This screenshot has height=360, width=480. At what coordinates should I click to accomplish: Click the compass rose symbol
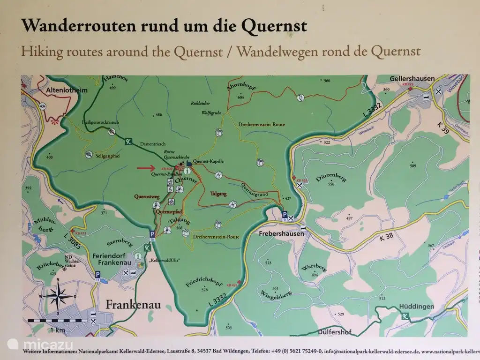[57, 295]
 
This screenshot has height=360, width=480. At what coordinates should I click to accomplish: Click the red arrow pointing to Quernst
[147, 167]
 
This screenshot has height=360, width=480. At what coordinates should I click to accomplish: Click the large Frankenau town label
[133, 305]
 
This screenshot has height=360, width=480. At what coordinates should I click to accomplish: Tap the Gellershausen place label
[412, 78]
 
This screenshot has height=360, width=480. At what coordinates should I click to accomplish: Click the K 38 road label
[386, 237]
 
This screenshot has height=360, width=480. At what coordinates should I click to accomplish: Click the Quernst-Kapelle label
[208, 161]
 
